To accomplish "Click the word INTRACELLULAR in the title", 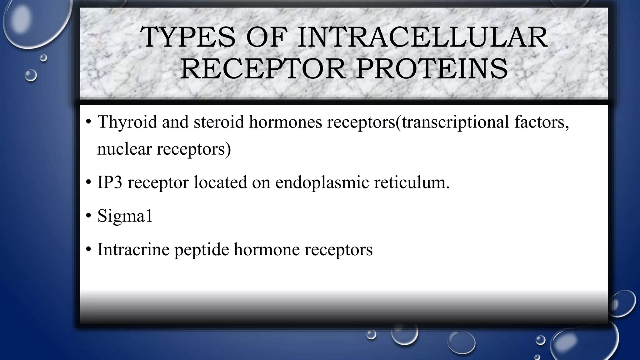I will coord(422,37).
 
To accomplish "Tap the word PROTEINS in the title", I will coord(432,69).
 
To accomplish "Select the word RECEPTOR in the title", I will coord(262,69).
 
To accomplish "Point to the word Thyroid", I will coord(127,122).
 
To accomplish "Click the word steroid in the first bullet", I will coord(219,122).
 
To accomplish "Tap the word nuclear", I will coord(124,149).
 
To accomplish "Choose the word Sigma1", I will coord(125,216).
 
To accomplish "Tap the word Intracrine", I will coord(133,250).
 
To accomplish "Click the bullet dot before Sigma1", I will coord(88,216).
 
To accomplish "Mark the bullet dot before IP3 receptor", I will coord(88,182).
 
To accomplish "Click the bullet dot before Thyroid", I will coord(88,122).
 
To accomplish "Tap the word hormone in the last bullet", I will coord(267,250).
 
